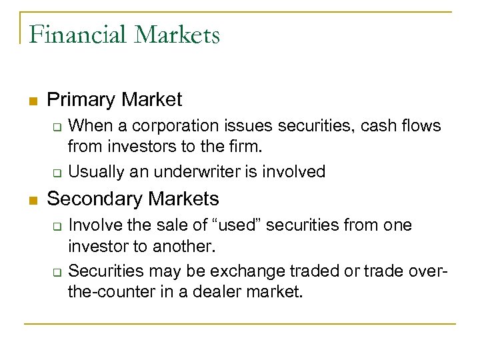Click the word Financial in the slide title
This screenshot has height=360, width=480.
click(x=77, y=35)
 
